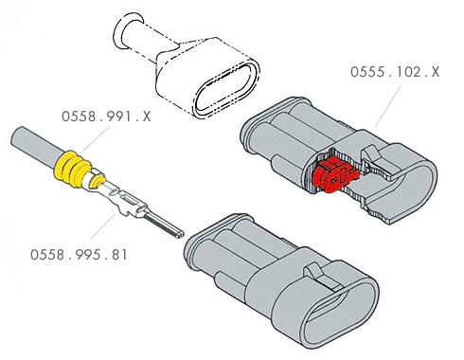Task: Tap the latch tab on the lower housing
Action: (318, 276)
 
